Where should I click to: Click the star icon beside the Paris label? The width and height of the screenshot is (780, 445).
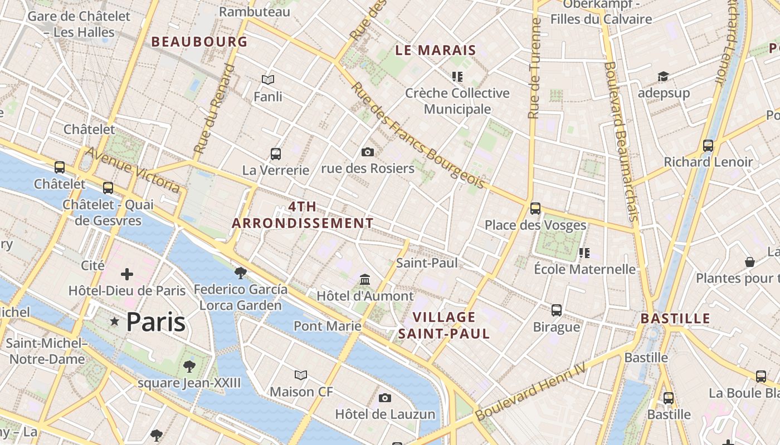(x=115, y=322)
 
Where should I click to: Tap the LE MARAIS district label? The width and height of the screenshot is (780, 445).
(x=436, y=50)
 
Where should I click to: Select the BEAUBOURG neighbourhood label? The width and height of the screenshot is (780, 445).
(x=199, y=42)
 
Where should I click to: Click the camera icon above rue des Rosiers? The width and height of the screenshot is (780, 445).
(x=368, y=152)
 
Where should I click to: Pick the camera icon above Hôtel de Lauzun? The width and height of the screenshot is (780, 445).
(x=385, y=398)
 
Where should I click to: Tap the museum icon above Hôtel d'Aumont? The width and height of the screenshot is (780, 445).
(x=365, y=279)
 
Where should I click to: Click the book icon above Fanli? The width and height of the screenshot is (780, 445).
(x=268, y=80)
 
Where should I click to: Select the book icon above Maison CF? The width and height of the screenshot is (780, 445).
(x=301, y=375)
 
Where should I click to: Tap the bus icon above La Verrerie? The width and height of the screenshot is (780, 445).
(x=275, y=154)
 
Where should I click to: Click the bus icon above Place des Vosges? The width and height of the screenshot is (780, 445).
(x=535, y=209)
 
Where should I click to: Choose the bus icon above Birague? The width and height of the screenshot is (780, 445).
(x=557, y=310)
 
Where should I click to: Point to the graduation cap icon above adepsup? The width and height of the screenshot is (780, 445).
(x=663, y=76)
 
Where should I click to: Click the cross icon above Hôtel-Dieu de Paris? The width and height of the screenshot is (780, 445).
(x=127, y=274)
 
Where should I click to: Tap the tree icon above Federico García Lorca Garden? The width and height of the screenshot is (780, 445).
(x=241, y=273)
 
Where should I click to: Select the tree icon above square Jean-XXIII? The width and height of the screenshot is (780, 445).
(x=189, y=366)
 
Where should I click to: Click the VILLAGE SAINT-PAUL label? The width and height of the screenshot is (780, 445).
(x=444, y=325)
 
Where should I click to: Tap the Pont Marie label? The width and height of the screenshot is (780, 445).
(x=328, y=326)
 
